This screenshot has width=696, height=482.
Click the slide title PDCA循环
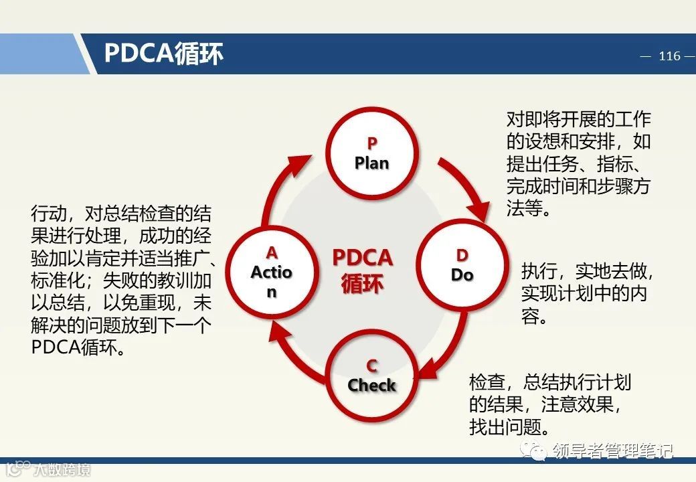tap(163, 54)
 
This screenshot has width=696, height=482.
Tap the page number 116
tap(669, 56)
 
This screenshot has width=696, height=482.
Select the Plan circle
tap(371, 153)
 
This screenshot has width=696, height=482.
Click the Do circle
tap(462, 266)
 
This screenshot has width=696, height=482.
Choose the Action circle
tap(272, 272)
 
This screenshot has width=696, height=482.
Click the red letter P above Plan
tap(372, 143)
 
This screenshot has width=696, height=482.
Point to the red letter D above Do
tap(462, 255)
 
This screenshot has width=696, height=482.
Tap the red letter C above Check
tap(372, 366)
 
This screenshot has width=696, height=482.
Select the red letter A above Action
tap(272, 252)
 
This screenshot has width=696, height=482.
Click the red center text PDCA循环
tap(362, 270)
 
